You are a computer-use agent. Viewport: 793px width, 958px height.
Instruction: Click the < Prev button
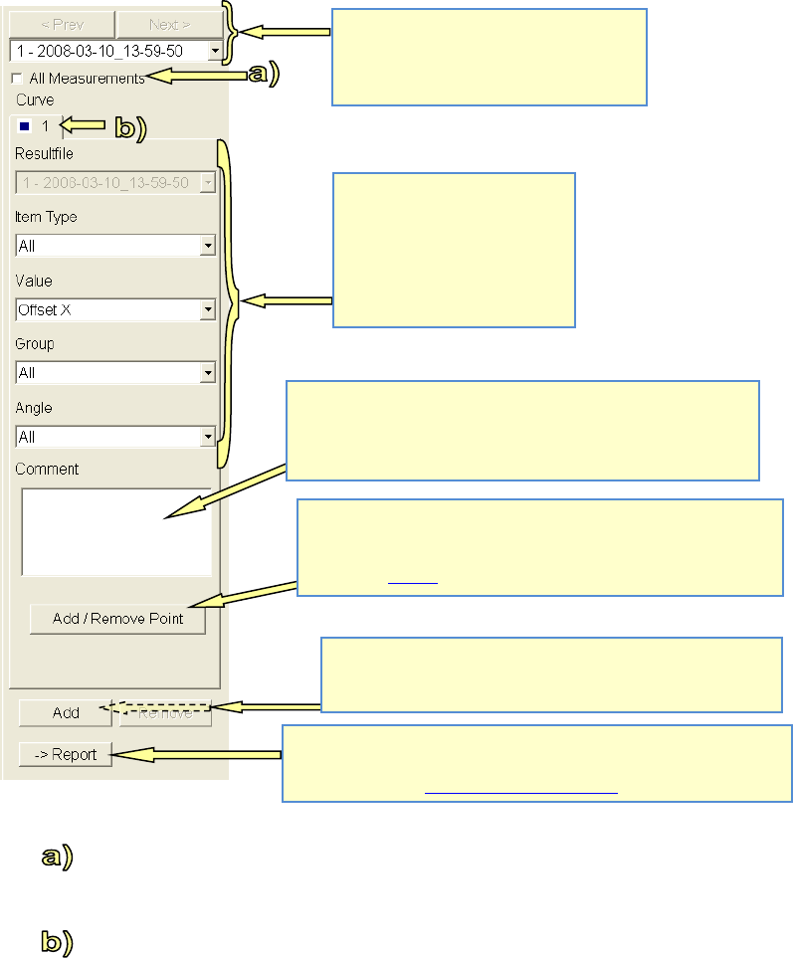(x=62, y=25)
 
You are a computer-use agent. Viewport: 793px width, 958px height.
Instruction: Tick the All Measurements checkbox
(x=16, y=78)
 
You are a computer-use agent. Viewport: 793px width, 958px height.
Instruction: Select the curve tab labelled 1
(x=36, y=127)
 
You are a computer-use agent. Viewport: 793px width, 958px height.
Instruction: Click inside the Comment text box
(x=115, y=531)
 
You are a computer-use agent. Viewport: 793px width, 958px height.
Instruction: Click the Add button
(x=66, y=712)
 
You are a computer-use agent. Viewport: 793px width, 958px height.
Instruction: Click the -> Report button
(x=66, y=754)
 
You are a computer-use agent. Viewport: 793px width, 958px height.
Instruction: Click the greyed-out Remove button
(x=165, y=712)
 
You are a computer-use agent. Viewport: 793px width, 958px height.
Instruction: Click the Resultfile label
(x=45, y=154)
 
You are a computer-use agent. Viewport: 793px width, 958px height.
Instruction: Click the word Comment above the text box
(x=48, y=469)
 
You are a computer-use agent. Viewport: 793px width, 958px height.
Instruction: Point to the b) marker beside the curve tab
(x=126, y=127)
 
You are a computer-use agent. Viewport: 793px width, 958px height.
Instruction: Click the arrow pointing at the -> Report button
(x=199, y=756)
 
